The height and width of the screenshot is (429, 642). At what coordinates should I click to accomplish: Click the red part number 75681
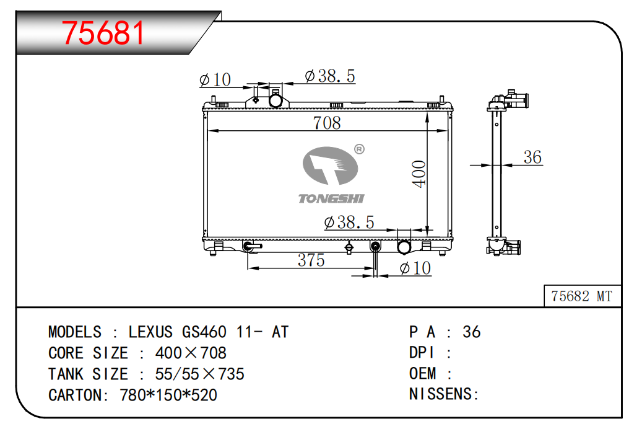click(103, 33)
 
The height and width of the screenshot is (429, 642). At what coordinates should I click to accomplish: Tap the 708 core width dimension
click(327, 123)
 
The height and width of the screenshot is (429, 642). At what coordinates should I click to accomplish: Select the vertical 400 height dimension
click(419, 174)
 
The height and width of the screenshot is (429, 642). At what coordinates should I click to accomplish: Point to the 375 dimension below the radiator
click(311, 260)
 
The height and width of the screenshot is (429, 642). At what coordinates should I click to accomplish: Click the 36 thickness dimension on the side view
click(532, 157)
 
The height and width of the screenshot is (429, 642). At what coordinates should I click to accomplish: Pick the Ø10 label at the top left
click(215, 79)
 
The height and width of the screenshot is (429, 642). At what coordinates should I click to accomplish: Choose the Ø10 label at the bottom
click(415, 268)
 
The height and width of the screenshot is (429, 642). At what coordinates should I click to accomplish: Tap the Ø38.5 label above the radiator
click(330, 76)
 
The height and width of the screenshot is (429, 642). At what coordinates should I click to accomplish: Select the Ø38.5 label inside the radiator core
click(349, 223)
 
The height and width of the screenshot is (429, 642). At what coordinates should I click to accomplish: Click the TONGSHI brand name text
click(331, 199)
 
